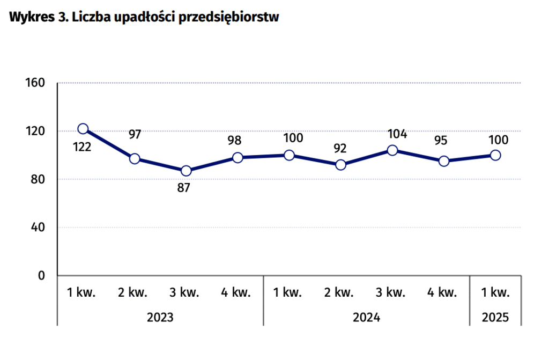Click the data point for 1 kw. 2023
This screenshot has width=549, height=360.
pyautogui.click(x=83, y=129)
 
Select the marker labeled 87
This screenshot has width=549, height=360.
pyautogui.click(x=186, y=171)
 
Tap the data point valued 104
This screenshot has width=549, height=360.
pyautogui.click(x=392, y=150)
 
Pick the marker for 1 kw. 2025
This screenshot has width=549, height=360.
pyautogui.click(x=495, y=156)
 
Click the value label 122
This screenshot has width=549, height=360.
pyautogui.click(x=81, y=146)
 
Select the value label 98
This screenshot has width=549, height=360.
pyautogui.click(x=234, y=141)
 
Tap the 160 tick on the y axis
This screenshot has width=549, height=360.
pyautogui.click(x=35, y=83)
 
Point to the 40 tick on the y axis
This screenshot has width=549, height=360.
pyautogui.click(x=38, y=227)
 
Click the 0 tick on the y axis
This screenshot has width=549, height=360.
pyautogui.click(x=41, y=276)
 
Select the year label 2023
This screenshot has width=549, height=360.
pyautogui.click(x=160, y=317)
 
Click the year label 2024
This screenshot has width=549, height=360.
pyautogui.click(x=366, y=317)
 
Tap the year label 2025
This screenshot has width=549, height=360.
pyautogui.click(x=495, y=317)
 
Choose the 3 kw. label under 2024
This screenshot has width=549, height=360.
pyautogui.click(x=391, y=293)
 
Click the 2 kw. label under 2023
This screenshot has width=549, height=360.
pyautogui.click(x=133, y=293)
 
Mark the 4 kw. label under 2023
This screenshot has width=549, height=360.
pyautogui.click(x=236, y=293)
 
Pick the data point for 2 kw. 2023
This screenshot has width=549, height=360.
pyautogui.click(x=135, y=159)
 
